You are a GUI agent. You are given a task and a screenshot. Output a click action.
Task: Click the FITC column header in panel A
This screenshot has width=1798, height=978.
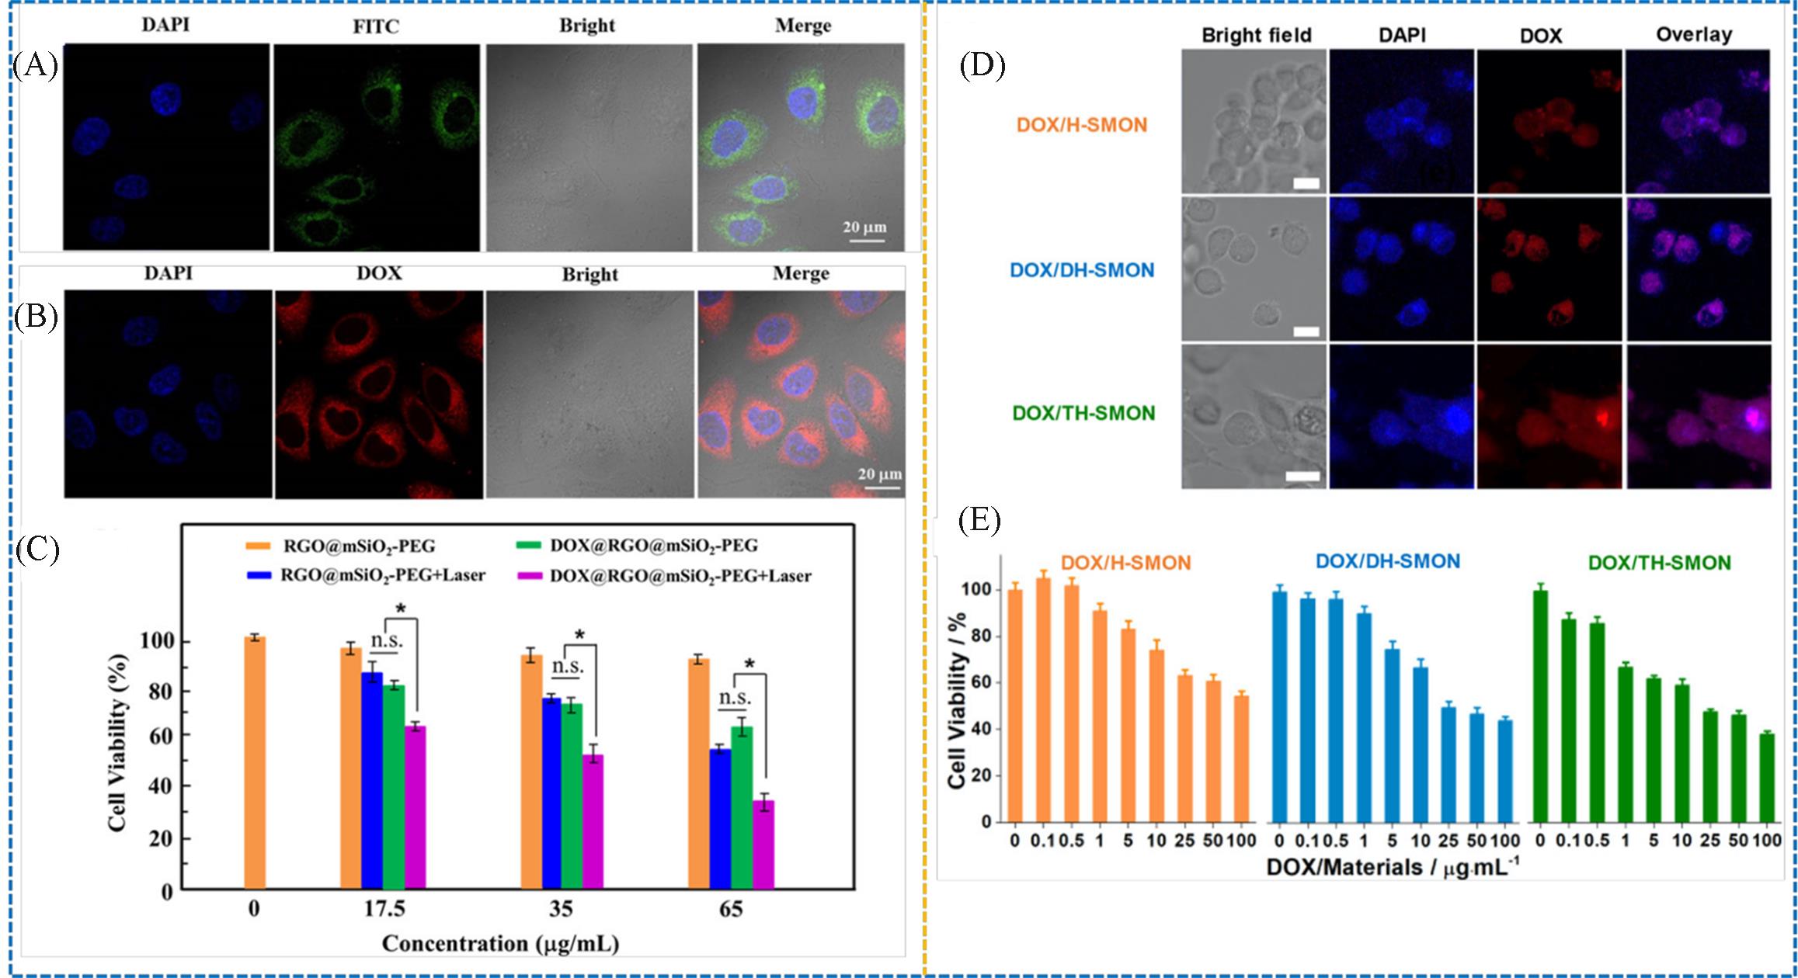tap(376, 26)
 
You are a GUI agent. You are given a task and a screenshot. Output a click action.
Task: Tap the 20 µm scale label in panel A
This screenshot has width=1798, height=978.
tap(864, 227)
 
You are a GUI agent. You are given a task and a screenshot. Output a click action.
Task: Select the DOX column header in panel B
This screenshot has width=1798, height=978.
tap(379, 273)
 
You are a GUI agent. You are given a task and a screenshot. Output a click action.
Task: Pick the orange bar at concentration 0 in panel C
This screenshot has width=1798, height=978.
tap(254, 764)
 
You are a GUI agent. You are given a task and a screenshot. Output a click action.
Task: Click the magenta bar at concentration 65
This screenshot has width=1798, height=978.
tap(765, 845)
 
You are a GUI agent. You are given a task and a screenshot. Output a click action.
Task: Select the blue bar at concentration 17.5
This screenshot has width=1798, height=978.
tap(372, 781)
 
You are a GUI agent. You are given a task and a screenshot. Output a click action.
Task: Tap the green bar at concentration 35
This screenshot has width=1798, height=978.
tap(572, 796)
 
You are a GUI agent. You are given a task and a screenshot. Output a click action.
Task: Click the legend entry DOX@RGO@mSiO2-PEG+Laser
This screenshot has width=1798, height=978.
tap(680, 576)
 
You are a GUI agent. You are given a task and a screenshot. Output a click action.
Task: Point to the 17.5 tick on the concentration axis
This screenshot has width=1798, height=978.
tap(384, 909)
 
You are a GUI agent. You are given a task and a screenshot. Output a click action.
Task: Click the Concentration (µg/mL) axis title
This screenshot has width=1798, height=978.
tap(500, 944)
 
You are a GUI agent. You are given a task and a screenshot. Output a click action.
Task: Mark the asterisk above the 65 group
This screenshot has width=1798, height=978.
tap(749, 664)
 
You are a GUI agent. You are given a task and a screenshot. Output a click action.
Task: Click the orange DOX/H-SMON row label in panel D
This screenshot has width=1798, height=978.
tap(1081, 125)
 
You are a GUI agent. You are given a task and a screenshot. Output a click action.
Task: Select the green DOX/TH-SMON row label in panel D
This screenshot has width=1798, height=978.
tap(1083, 413)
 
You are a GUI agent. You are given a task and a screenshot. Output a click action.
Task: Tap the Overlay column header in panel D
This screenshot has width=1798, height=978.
tap(1694, 35)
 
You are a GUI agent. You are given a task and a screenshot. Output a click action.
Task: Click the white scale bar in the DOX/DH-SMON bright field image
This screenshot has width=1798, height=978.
tap(1306, 331)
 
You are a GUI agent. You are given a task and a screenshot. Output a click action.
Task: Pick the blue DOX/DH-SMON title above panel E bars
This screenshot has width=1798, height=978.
tap(1387, 561)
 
